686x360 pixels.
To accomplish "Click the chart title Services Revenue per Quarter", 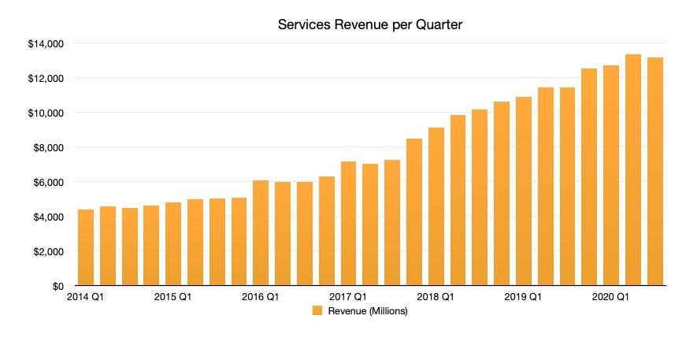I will pos(369,25).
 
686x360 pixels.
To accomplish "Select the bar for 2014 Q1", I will pos(87,247).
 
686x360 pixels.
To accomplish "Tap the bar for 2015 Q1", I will pos(174,244).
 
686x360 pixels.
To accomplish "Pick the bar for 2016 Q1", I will pos(261,233).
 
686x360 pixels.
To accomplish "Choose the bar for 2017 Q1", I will pos(349,224).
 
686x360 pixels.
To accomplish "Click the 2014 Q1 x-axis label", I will pos(85,298).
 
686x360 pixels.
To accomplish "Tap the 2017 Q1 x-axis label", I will pos(348,298).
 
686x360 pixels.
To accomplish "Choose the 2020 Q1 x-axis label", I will pos(610,298).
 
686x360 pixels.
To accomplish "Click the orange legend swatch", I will pos(317,311).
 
